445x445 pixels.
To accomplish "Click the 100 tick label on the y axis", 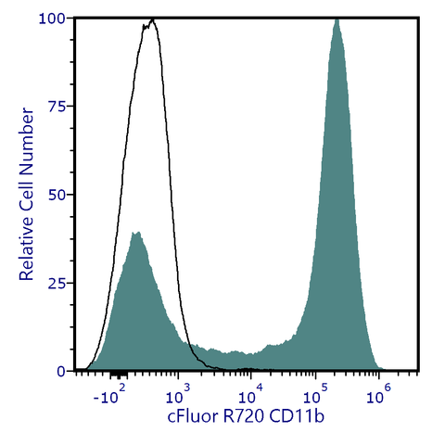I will (x=53, y=19).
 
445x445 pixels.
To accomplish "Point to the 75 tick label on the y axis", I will (x=57, y=107).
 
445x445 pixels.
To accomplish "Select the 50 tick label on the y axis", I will (x=57, y=195).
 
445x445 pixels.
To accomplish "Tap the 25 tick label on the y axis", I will (x=57, y=283).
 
